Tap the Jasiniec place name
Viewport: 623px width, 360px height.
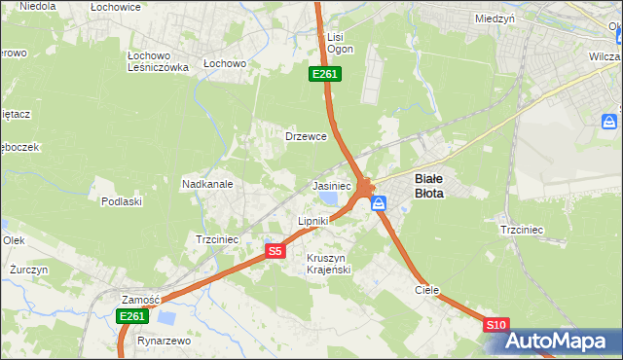click(331, 185)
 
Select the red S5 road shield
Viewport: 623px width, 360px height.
click(275, 251)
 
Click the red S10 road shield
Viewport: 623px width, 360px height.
click(495, 325)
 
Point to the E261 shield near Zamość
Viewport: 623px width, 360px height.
click(131, 317)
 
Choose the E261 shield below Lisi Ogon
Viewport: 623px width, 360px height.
click(324, 74)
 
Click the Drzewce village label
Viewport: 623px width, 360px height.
click(305, 136)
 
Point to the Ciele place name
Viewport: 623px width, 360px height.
click(427, 290)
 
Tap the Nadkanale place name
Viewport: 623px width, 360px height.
click(206, 183)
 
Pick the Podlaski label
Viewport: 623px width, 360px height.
click(122, 201)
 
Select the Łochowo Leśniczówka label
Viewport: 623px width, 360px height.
click(158, 61)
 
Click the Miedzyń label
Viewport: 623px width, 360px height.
click(495, 18)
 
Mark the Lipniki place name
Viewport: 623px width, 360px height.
click(312, 221)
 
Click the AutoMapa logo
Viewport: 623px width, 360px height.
click(558, 342)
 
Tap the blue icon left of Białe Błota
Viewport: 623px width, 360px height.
click(379, 203)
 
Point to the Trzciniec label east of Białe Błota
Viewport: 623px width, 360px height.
click(521, 230)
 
